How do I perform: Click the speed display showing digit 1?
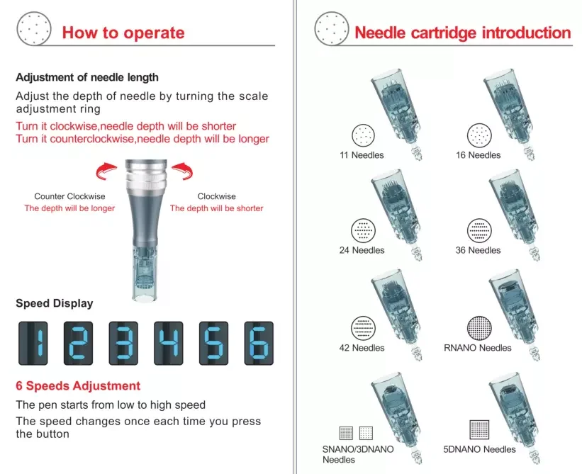[x=33, y=343]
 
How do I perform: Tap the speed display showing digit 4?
[x=169, y=343]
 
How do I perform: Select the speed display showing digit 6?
[x=259, y=343]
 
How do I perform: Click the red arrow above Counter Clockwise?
[x=106, y=171]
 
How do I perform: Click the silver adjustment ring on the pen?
[x=146, y=176]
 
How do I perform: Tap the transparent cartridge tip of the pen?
[x=145, y=272]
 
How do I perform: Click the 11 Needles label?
[x=362, y=155]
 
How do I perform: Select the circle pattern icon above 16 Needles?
[x=479, y=135]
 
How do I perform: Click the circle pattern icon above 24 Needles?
[x=364, y=230]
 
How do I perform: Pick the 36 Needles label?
[x=478, y=250]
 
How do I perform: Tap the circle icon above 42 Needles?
[x=364, y=328]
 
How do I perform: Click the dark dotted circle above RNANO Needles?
[x=479, y=328]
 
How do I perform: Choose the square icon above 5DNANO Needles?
[x=479, y=429]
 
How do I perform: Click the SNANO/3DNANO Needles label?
[x=358, y=454]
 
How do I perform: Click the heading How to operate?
[x=123, y=33]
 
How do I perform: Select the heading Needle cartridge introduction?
[x=462, y=33]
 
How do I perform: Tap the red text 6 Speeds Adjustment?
[x=78, y=385]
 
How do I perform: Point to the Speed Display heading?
[x=54, y=303]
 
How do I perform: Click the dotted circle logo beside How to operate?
[x=34, y=28]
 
